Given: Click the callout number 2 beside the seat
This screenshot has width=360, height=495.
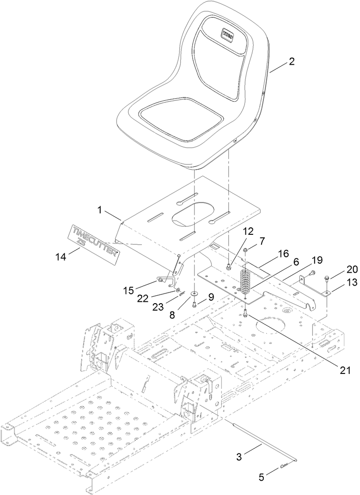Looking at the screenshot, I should (x=292, y=61).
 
